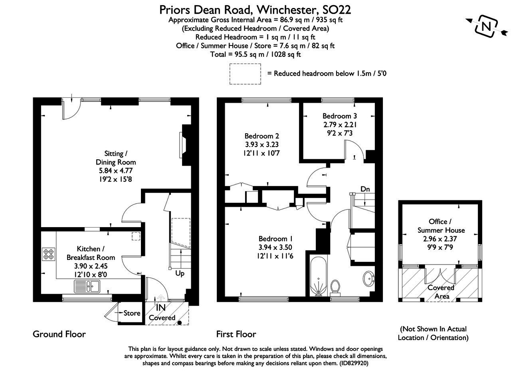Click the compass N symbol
point(486,26)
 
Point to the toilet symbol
point(335,287)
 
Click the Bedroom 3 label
point(339,116)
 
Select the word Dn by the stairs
point(365,189)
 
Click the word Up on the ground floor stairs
point(180,274)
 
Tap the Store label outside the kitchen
point(132,313)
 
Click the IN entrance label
point(161,308)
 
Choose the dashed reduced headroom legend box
point(245,74)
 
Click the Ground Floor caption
point(59,334)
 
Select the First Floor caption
point(236,334)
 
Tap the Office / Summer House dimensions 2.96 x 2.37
point(441,238)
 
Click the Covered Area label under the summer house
point(441,292)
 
